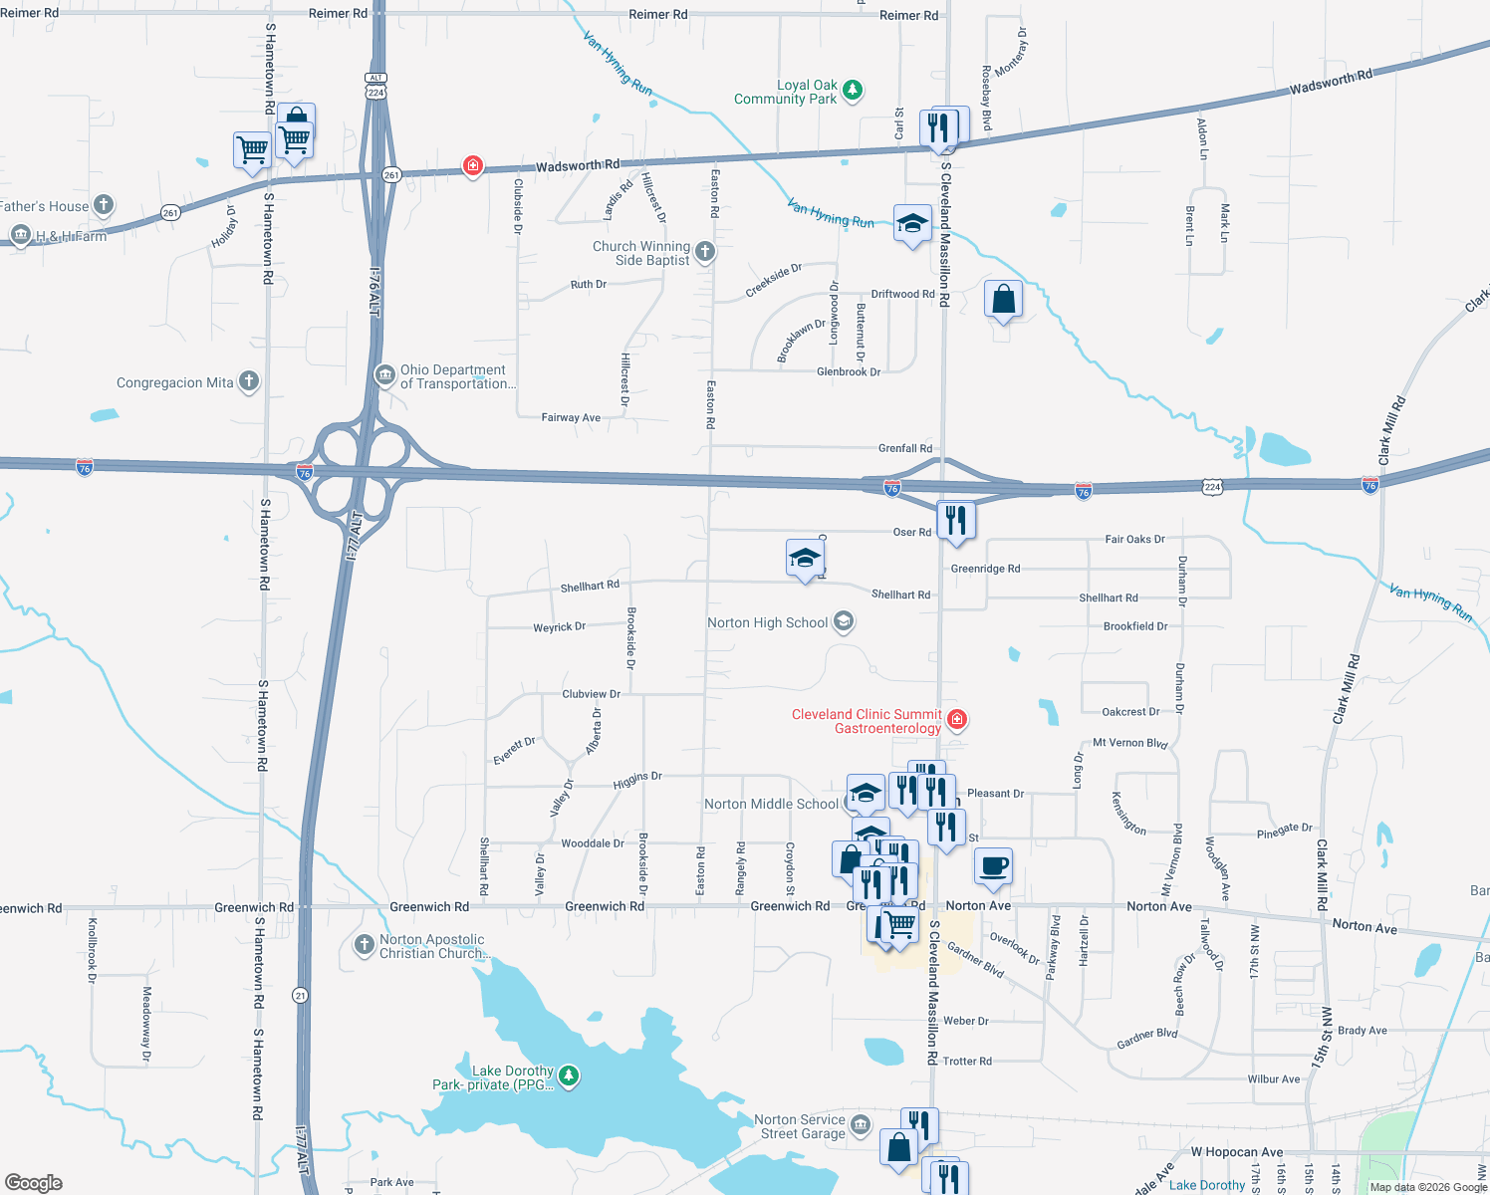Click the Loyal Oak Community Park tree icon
point(852,91)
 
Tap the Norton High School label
point(767,622)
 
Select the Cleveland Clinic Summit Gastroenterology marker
point(957,719)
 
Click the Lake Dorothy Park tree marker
point(569,1075)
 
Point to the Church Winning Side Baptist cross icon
point(705,252)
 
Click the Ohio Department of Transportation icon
point(384,375)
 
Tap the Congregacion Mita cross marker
point(249,381)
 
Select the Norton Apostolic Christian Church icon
point(365,945)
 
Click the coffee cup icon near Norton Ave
point(992,866)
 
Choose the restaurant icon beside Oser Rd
point(955,520)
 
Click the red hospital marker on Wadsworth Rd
point(473,165)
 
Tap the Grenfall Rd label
point(904,448)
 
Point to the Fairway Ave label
point(571,417)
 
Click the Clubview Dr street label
point(591,694)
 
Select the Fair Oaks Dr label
point(1134,539)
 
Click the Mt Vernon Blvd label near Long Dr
point(1129,743)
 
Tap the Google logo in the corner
point(34,1182)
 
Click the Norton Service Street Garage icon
point(861,1125)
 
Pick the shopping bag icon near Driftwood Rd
point(1003,299)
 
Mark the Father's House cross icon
point(104,205)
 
